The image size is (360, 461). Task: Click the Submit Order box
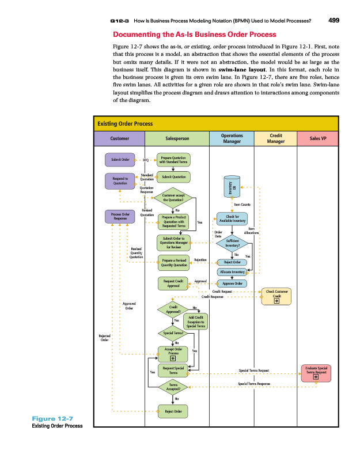coord(119,159)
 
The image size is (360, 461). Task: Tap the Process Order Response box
coord(120,217)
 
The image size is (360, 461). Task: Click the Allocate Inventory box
coord(232,271)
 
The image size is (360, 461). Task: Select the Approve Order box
coord(232,284)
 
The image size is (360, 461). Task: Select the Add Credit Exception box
coord(195,322)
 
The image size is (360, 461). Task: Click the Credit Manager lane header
coord(276,139)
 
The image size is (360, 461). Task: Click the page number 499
coord(333,21)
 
